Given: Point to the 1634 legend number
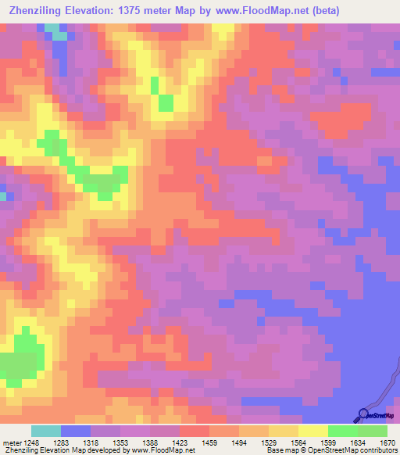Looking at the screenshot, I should tap(369, 442).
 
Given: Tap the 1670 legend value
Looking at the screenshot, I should tap(389, 442).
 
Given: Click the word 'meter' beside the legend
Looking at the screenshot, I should tap(11, 442).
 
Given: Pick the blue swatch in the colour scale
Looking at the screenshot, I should tap(75, 431).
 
